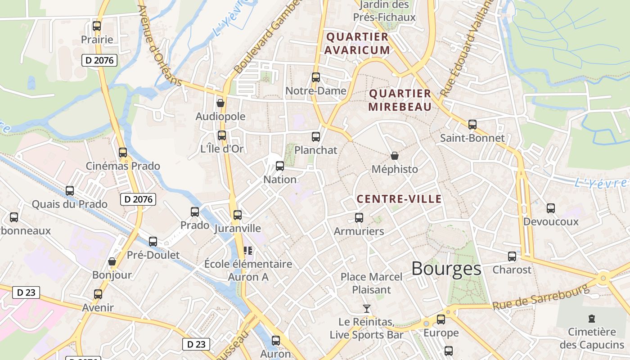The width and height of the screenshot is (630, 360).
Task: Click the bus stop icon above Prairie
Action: (97, 26)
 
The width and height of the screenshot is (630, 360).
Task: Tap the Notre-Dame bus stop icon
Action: (316, 77)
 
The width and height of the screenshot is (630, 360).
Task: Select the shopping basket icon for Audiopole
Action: (220, 103)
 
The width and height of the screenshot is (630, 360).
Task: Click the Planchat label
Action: (315, 150)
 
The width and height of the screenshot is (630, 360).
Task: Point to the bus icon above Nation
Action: (280, 166)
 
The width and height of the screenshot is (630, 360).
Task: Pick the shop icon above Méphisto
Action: (395, 156)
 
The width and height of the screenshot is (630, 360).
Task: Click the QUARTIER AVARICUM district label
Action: (357, 43)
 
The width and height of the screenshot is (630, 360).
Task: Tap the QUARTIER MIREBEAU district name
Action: (400, 100)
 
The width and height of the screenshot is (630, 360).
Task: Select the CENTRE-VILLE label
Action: (399, 199)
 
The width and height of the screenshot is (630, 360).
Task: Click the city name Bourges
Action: (446, 269)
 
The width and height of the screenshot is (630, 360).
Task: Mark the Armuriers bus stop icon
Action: (359, 218)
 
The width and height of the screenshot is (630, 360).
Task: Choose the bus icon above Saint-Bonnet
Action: (472, 125)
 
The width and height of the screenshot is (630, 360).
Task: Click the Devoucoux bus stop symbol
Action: (551, 208)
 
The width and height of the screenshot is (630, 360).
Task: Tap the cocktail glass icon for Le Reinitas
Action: (367, 309)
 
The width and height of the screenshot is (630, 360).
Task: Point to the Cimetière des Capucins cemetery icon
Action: (592, 319)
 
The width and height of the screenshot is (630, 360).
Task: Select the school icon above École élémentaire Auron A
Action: (248, 250)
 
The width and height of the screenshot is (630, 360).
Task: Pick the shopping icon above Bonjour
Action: (112, 261)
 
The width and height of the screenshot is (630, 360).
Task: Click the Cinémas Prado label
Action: (123, 166)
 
